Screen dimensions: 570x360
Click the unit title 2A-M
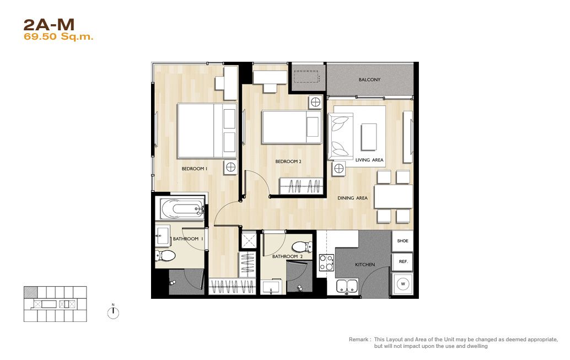coord(49,25)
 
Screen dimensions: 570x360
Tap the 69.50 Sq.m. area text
coord(58,37)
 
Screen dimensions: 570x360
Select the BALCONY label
coord(369,79)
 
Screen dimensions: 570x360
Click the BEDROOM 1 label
coord(195,169)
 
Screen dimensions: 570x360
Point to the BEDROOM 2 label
coord(288,162)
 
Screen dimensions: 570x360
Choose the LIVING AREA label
coord(369,160)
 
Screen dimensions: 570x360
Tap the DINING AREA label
coord(352,198)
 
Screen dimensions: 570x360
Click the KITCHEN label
coord(365,265)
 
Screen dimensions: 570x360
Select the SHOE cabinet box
coord(402,241)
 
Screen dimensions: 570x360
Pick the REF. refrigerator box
coord(402,262)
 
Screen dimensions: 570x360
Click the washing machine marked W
coord(403,284)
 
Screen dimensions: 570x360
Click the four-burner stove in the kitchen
coord(326,263)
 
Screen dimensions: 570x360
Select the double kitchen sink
coord(347,286)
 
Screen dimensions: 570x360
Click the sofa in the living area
coord(341,136)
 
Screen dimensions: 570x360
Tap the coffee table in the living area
coord(369,137)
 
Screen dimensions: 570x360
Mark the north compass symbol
coord(113,312)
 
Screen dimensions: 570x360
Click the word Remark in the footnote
coord(358,339)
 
